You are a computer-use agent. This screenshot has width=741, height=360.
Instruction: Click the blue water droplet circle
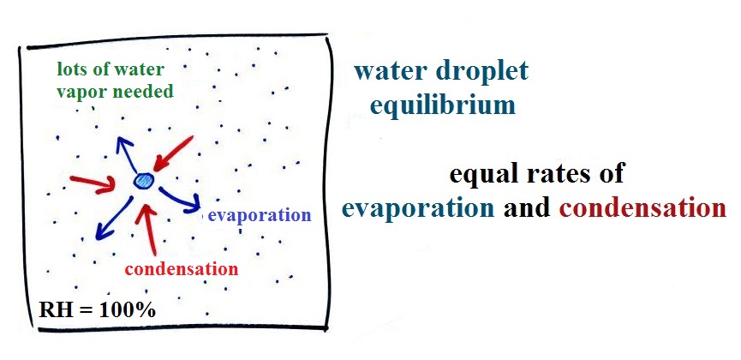tap(143, 181)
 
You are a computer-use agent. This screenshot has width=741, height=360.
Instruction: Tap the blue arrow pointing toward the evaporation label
tap(180, 199)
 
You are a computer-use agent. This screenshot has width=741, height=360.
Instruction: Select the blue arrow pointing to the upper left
tap(127, 154)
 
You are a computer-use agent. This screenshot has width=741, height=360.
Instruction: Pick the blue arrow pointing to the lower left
tap(114, 219)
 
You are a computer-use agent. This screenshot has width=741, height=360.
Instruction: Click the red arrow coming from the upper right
tap(173, 153)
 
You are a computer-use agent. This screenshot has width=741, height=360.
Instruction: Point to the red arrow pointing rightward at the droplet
tap(93, 184)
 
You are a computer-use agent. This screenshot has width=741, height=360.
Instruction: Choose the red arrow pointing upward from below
tap(149, 229)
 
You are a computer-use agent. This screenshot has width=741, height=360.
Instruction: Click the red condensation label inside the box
tap(182, 269)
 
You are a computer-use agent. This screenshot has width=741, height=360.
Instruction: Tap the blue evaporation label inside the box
tap(260, 216)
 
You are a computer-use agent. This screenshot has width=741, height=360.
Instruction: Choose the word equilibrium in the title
tap(442, 105)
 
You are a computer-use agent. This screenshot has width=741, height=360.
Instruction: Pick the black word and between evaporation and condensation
tap(527, 208)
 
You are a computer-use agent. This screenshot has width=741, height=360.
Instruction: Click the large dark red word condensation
tap(642, 208)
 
